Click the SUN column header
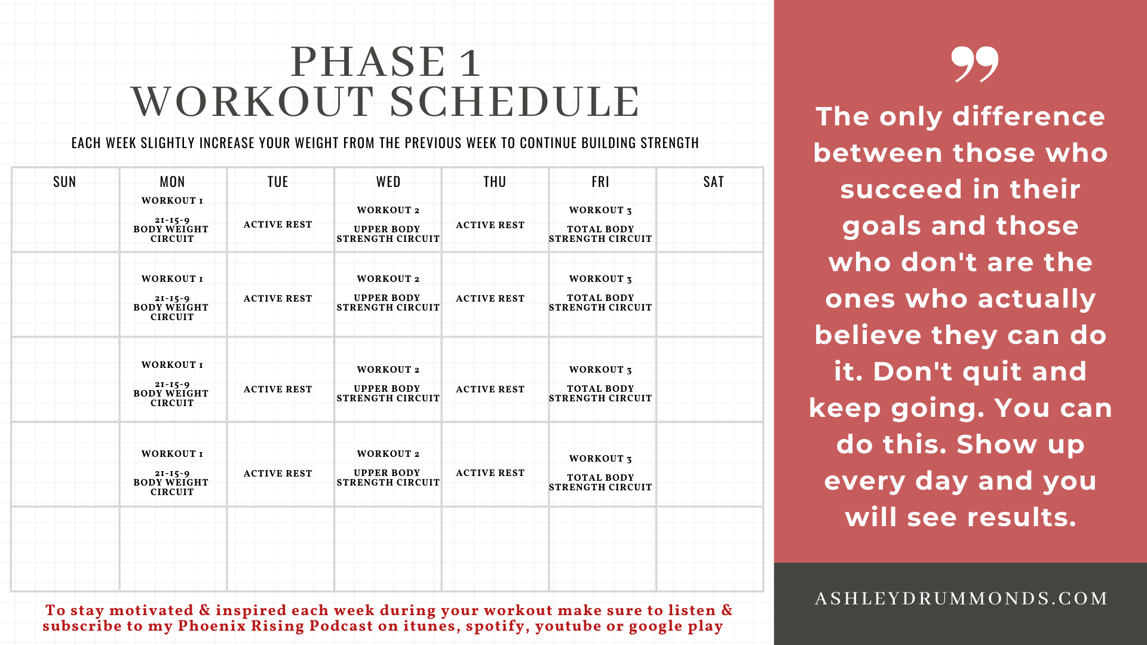(x=65, y=182)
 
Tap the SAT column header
(x=713, y=182)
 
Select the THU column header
(x=495, y=182)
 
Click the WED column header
(x=388, y=182)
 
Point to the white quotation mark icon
(x=974, y=64)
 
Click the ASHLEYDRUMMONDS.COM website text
(x=961, y=598)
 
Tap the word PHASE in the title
(x=368, y=62)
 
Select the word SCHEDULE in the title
(x=515, y=101)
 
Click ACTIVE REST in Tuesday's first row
(x=278, y=225)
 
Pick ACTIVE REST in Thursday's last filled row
(x=490, y=473)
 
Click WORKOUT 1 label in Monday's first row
(x=172, y=201)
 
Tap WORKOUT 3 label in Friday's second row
(x=600, y=279)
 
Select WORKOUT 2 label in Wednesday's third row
(x=388, y=370)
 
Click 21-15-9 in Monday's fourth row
(x=172, y=474)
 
